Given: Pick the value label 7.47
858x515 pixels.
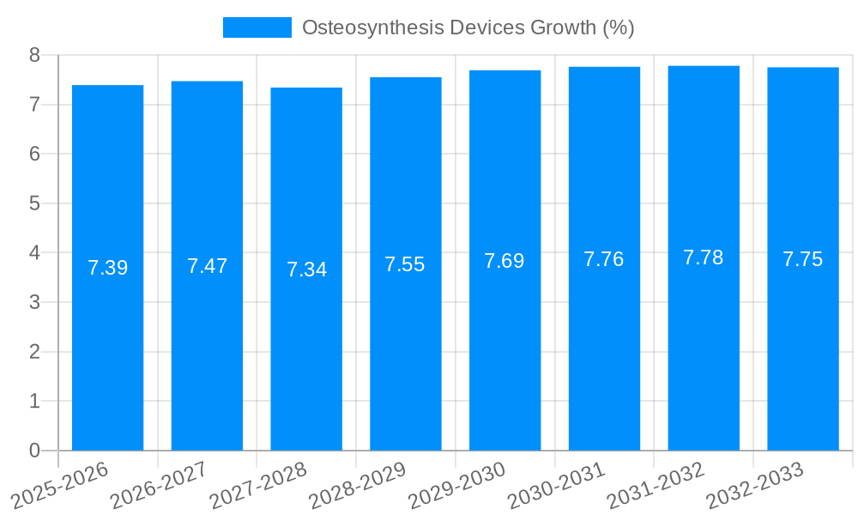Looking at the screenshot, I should tap(207, 266).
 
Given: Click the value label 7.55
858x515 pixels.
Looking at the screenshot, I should tap(405, 264).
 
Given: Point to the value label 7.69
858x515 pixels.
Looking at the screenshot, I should tap(505, 261).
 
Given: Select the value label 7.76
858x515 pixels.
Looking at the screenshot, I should tap(604, 259).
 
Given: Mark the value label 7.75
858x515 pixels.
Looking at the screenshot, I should tap(802, 259).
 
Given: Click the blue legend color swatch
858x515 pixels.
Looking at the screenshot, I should tap(257, 27).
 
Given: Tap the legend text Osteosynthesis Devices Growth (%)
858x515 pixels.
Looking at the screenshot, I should tap(468, 27).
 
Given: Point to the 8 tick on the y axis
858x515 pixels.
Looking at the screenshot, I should tap(34, 55).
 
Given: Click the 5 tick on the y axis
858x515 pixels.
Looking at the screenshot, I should tap(34, 203).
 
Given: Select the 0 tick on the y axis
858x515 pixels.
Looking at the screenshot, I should tap(34, 451).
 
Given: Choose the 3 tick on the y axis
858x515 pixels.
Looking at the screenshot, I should tap(34, 302).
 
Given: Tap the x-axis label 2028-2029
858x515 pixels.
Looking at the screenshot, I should tap(359, 484).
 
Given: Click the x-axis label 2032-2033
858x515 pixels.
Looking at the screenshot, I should tap(755, 484).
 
